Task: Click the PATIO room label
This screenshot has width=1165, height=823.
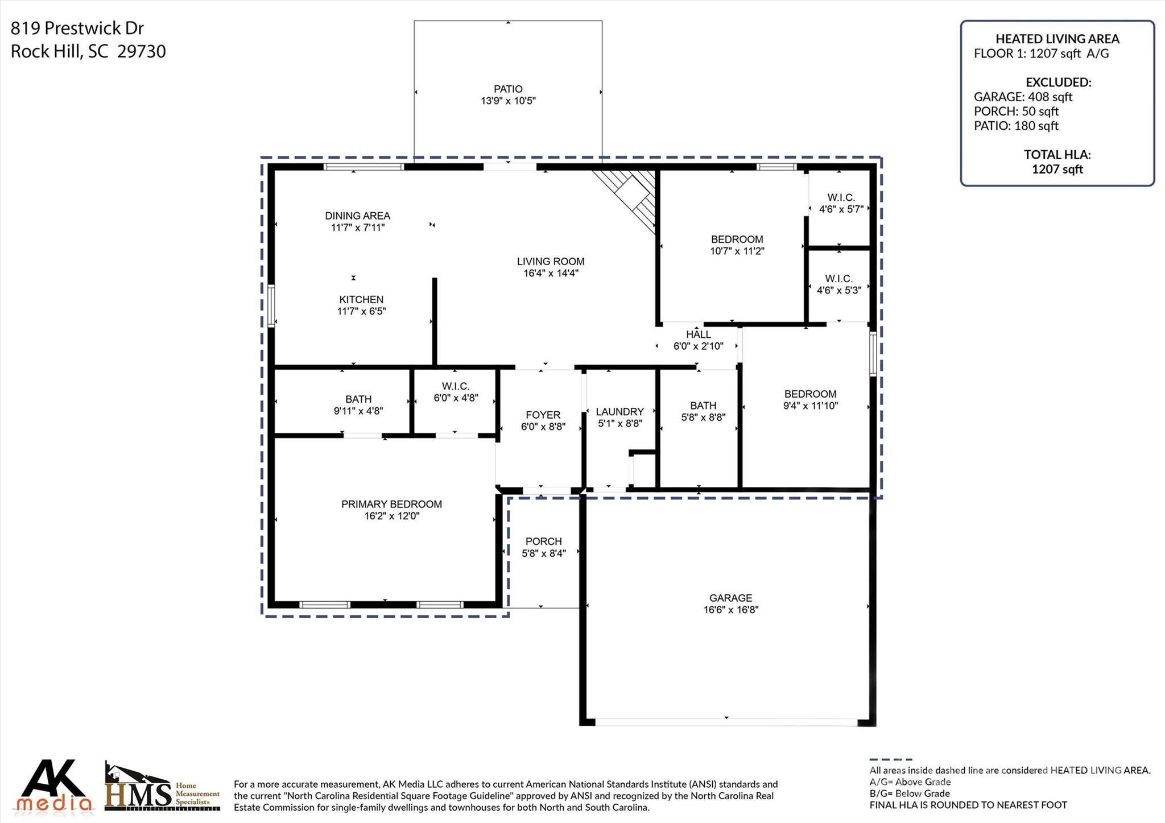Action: [x=508, y=89]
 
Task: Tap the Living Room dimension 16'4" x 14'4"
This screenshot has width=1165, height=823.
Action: [x=551, y=273]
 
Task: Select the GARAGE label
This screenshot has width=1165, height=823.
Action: [x=730, y=598]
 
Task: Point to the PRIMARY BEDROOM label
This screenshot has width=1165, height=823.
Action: [x=391, y=504]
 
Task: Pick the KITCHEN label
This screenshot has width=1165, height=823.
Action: [x=361, y=299]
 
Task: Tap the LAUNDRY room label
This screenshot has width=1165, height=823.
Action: [x=619, y=411]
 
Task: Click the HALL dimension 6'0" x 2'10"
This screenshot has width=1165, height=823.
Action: [x=698, y=346]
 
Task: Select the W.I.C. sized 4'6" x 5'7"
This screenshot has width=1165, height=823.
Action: [x=841, y=203]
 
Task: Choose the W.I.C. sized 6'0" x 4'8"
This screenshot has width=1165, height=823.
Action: [x=455, y=392]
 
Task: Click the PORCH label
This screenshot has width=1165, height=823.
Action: [x=543, y=541]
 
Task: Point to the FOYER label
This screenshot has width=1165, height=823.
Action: [x=543, y=415]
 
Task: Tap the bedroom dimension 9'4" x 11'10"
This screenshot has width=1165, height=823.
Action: [x=810, y=406]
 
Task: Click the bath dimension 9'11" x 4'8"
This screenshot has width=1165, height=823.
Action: [x=358, y=411]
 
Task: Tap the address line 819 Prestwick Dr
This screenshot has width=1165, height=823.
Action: [x=77, y=28]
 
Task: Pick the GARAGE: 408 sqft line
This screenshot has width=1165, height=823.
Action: [x=1022, y=97]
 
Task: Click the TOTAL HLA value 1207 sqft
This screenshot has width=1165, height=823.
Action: [x=1057, y=169]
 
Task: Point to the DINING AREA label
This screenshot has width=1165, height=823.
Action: [x=357, y=216]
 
